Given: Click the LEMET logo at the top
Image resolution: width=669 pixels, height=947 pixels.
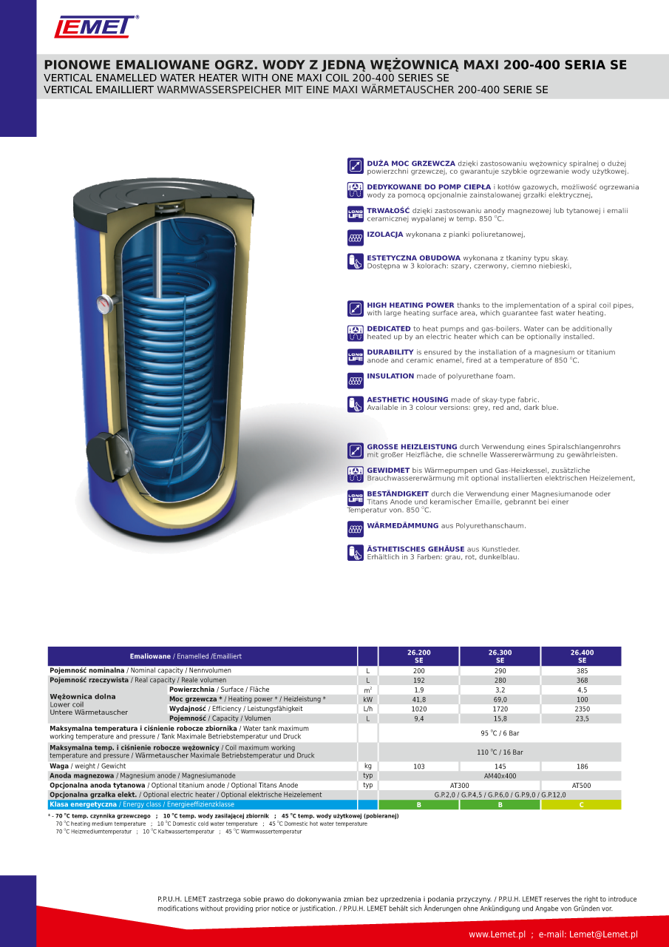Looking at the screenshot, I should point(95,27).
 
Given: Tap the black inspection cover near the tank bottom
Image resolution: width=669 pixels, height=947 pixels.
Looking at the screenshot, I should point(101,449).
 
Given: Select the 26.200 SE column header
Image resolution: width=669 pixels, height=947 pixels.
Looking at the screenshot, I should point(418,656).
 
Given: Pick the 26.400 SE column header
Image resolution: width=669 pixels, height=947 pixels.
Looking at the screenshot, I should point(582,656).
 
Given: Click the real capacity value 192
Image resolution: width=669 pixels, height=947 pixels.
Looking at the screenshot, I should point(418,680).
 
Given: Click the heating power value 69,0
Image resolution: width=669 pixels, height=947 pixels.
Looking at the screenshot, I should point(500,699).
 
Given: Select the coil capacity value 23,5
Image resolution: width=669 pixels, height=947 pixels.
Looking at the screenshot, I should point(582,718).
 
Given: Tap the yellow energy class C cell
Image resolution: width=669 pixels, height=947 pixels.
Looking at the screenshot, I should point(582,805).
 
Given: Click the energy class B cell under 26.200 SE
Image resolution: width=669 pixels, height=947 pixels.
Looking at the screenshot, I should point(418,805).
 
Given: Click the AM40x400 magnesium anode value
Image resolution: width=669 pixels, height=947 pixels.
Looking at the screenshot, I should point(500,776).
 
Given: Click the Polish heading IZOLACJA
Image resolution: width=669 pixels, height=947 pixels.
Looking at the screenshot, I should point(385,234).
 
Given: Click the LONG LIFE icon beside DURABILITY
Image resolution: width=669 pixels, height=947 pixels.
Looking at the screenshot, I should point(355,356).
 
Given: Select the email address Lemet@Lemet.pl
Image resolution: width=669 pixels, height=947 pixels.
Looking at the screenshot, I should point(603,934).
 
